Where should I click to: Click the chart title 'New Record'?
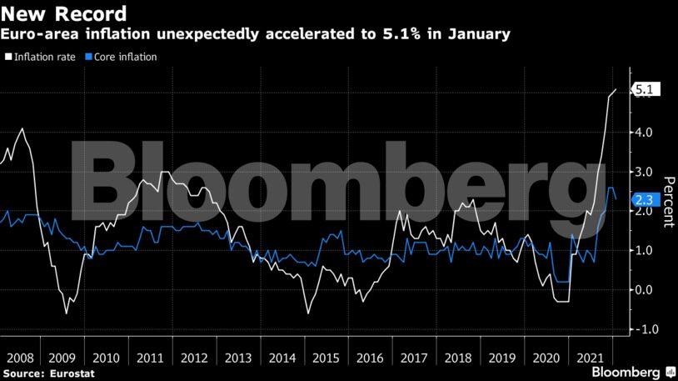(65, 14)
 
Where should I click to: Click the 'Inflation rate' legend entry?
(44, 57)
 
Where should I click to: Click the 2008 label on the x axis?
(22, 358)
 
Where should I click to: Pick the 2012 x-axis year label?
(194, 358)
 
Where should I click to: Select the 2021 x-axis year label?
(591, 358)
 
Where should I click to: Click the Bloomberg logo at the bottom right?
(634, 371)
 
